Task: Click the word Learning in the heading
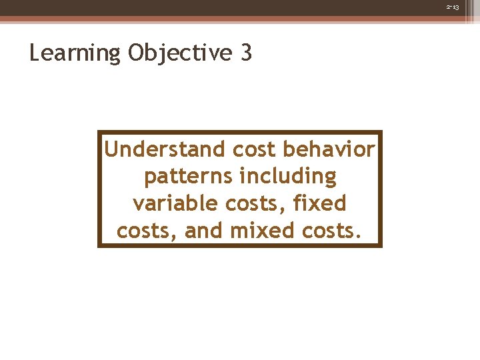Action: (75, 53)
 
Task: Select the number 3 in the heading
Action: (245, 53)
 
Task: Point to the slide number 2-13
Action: (453, 6)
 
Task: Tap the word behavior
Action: (329, 149)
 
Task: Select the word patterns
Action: (187, 177)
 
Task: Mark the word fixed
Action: (320, 203)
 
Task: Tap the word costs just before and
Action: (147, 231)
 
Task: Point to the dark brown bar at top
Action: (240, 8)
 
